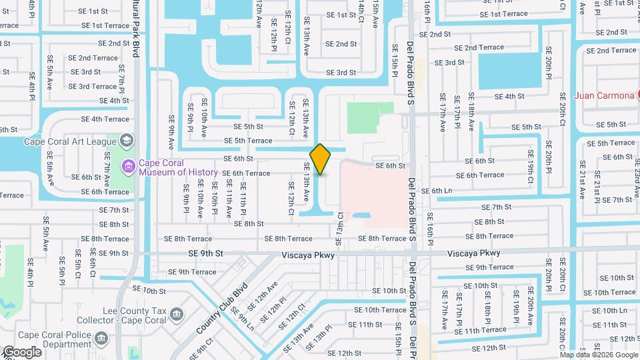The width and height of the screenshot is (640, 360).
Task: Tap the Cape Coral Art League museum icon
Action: pos(127,141)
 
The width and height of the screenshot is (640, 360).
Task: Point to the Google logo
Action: pos(22,351)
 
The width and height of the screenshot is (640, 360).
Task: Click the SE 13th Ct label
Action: pos(340,224)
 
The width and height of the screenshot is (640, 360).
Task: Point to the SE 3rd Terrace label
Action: pos(93,86)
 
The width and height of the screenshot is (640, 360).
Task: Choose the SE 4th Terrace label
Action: pos(105,119)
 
